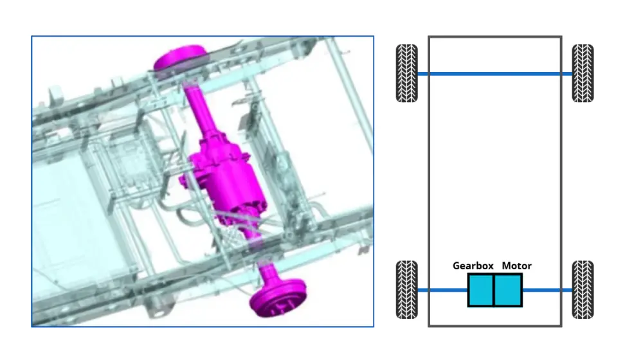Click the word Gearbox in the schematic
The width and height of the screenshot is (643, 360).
pos(474,265)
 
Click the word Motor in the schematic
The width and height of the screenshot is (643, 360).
pos(517,265)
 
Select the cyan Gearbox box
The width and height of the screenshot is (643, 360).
pos(480,290)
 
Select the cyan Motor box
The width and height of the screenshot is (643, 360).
pos(508,290)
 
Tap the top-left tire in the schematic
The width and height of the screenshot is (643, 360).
pos(406,73)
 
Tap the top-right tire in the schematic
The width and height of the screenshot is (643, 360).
pos(583,73)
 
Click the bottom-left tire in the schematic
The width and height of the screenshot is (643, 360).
pos(406,289)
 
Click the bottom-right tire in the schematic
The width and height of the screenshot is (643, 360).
pos(583,289)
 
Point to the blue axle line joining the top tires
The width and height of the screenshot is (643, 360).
pos(495,74)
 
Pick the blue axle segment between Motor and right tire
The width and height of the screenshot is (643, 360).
pos(547,290)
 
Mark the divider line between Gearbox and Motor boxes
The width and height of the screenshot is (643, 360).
pos(494,290)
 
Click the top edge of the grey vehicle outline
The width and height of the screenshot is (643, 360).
pos(495,37)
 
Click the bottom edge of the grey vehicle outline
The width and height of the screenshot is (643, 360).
pos(495,325)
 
